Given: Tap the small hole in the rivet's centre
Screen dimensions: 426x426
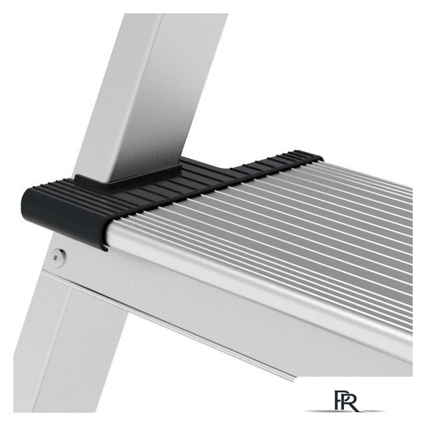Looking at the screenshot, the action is click(x=56, y=258).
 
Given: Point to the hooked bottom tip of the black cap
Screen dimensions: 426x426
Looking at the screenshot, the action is click(x=105, y=248).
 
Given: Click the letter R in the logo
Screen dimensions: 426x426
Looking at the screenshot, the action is click(x=351, y=402).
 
